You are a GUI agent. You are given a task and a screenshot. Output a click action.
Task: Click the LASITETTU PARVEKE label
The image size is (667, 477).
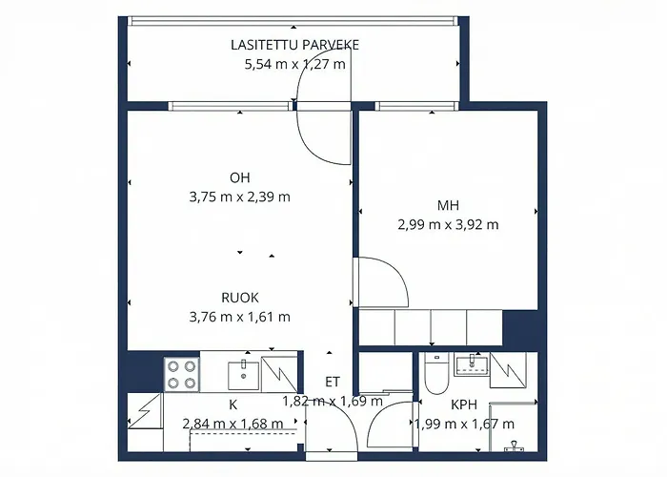(294, 45)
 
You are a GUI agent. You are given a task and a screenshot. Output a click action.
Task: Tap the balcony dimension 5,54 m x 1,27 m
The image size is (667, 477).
(294, 65)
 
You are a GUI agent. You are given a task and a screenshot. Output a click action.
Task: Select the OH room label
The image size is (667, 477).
(239, 177)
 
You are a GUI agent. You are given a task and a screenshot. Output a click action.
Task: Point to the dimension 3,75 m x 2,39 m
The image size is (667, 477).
(239, 197)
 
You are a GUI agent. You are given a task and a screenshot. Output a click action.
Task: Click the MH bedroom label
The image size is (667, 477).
(449, 205)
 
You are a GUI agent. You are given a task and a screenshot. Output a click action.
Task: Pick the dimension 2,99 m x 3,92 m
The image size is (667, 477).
(449, 225)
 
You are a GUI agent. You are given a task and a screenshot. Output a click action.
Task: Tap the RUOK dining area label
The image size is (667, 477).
(239, 297)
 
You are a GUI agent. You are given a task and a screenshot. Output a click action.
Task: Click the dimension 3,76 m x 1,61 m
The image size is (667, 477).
(239, 317)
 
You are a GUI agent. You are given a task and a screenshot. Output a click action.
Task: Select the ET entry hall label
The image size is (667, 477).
(333, 383)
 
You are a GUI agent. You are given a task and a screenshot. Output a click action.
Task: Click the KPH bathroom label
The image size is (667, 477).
(463, 404)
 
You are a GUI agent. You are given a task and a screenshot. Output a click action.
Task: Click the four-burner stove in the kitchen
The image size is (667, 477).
(181, 373)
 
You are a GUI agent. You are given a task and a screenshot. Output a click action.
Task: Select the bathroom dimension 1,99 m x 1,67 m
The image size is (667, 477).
(463, 424)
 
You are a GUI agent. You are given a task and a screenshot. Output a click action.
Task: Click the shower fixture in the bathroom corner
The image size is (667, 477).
(514, 445)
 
